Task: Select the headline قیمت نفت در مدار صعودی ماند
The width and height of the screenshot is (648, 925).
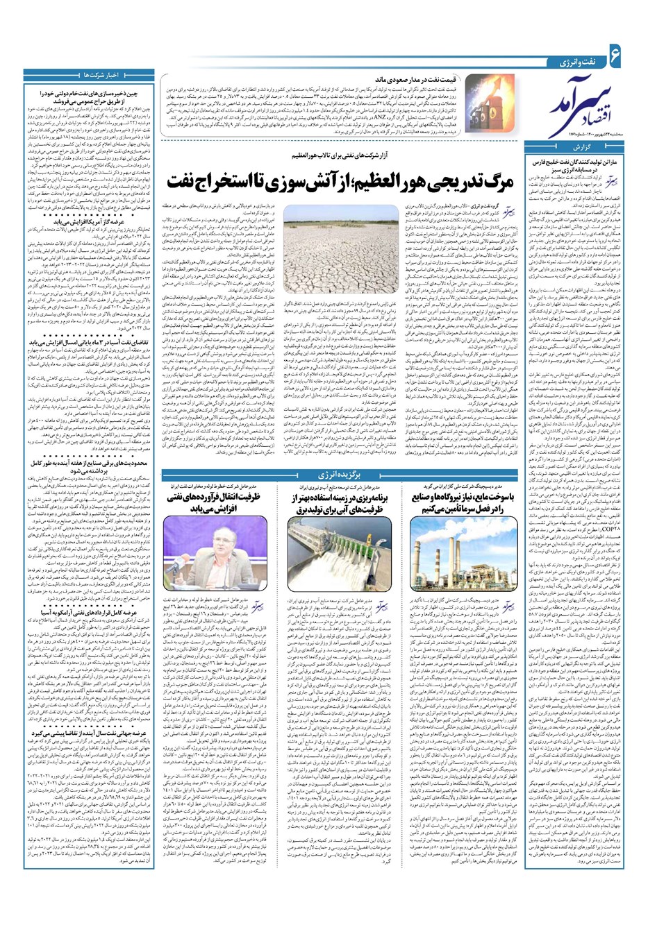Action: pyautogui.click(x=415, y=80)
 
